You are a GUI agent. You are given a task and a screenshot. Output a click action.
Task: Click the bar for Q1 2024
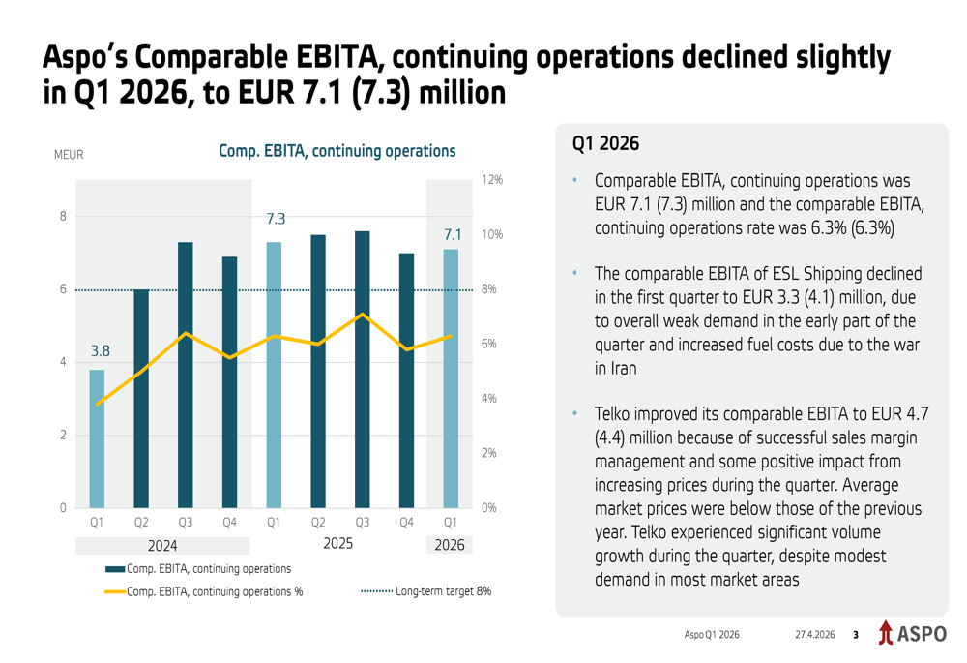tap(97, 438)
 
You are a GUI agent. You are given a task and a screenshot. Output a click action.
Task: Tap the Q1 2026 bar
tap(450, 378)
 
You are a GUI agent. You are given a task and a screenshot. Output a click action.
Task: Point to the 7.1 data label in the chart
tap(452, 233)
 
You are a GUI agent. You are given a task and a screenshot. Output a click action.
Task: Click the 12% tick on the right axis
tap(492, 180)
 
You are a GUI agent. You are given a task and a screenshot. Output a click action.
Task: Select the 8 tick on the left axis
tap(63, 216)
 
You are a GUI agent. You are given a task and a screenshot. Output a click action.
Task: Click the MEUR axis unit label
tap(70, 154)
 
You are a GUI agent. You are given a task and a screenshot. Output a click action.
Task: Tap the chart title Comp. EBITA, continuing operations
tap(337, 151)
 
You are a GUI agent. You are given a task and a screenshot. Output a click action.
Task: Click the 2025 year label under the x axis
tap(337, 544)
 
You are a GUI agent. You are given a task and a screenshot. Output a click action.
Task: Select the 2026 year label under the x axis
tap(450, 545)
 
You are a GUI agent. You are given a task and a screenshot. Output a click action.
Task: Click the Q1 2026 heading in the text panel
tap(605, 144)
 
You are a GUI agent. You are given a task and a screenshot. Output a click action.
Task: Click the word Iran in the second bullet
tap(609, 368)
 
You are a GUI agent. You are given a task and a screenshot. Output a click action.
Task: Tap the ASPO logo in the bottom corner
tap(912, 634)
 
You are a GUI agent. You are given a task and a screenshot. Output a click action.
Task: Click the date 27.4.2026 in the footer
tap(814, 635)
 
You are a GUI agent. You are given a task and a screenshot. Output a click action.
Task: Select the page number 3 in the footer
tap(855, 635)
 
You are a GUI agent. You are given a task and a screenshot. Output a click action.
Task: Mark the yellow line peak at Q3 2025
tap(362, 314)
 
